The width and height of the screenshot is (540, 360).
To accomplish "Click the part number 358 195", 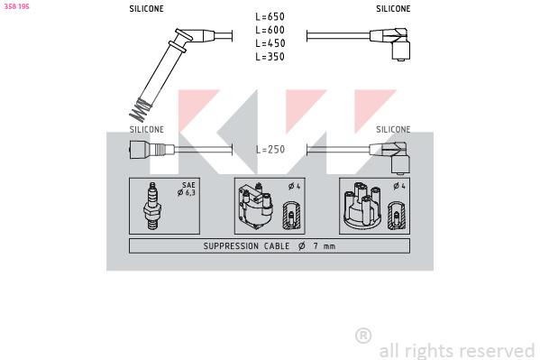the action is [16, 6].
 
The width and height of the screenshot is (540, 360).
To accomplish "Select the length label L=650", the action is [270, 16].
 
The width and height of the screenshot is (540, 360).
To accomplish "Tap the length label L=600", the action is [270, 30].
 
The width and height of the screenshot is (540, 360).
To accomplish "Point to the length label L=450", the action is [270, 43].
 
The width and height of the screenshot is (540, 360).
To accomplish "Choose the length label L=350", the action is [270, 57].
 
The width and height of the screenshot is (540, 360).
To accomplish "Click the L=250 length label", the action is [270, 149].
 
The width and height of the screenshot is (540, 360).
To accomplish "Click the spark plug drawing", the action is [152, 206].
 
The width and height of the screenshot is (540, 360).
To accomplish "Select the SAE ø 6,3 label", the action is [187, 189].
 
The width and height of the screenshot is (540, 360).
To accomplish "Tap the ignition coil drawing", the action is [255, 207].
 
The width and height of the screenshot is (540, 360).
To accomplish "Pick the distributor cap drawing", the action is [362, 206].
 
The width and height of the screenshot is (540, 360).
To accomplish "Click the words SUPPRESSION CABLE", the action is [246, 246].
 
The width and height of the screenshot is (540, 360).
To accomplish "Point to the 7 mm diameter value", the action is [324, 246].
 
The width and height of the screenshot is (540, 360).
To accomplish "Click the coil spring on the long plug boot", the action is [140, 110].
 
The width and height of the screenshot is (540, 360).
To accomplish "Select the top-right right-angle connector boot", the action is [392, 43].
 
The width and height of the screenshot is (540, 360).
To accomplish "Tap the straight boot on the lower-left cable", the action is [151, 150].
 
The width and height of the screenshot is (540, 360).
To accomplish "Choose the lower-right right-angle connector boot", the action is [392, 157].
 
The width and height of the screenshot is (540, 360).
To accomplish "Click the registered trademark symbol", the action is [363, 336].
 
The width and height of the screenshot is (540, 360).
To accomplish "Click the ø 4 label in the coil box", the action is [295, 187].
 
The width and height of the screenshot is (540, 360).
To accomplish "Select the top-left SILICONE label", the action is [146, 9].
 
